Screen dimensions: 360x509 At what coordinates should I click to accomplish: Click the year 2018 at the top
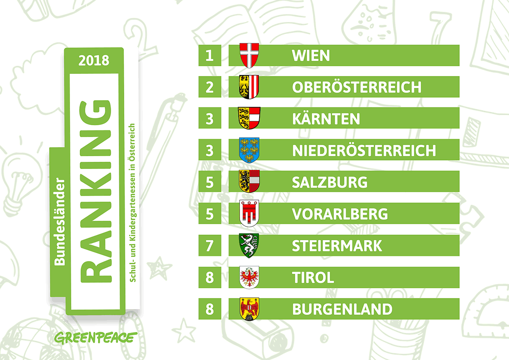[x=94, y=60]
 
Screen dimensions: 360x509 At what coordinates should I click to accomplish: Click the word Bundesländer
[x=60, y=222]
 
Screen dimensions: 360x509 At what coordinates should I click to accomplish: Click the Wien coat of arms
[x=249, y=55]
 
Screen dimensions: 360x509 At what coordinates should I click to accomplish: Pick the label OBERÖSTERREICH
[x=356, y=87]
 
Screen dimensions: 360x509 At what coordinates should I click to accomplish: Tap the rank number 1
[x=210, y=56]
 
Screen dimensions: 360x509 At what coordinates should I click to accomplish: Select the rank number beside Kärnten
[x=210, y=119]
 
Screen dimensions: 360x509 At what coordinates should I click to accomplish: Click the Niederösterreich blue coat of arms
[x=249, y=150]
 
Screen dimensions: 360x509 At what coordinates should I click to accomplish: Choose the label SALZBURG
[x=330, y=182]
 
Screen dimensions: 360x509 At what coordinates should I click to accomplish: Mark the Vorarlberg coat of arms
[x=249, y=214]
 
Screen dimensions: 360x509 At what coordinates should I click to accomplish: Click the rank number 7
[x=210, y=245]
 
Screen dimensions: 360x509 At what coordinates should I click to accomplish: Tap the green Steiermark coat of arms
[x=249, y=245]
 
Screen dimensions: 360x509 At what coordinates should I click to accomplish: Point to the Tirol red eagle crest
[x=249, y=277]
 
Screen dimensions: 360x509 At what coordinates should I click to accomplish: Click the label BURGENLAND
[x=342, y=309]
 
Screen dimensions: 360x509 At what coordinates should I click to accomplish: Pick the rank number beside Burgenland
[x=210, y=309]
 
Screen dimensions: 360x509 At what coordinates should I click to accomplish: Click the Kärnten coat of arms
[x=249, y=118]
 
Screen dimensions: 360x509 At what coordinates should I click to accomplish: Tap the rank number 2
[x=210, y=87]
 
